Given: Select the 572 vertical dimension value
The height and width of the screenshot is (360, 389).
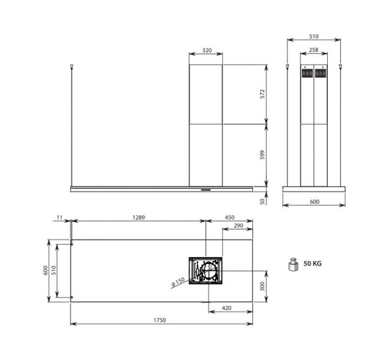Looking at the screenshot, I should click(262, 94).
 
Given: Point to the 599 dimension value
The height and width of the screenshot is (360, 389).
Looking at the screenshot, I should click(262, 154).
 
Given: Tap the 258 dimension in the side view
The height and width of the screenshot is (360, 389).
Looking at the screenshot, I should click(313, 50).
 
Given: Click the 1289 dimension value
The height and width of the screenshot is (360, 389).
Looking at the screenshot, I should click(137, 217).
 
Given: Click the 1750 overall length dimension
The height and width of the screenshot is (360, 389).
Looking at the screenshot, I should click(159, 320).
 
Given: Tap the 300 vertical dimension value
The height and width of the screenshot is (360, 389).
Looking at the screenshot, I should click(262, 286).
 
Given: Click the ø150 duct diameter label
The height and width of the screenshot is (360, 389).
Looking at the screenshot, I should click(177, 281).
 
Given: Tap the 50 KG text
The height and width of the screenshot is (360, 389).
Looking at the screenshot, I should click(312, 264).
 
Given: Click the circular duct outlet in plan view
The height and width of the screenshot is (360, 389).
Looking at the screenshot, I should click(209, 270).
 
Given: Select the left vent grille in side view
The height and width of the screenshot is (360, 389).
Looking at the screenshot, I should click(307, 73).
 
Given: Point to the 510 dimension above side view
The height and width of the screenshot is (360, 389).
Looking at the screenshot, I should click(313, 37).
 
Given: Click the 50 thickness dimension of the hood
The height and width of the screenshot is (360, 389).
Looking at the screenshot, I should click(262, 201).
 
